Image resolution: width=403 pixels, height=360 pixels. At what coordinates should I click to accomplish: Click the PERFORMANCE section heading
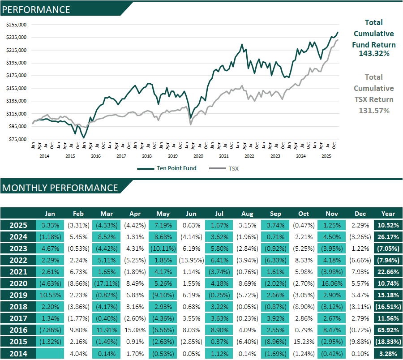pos(36,9)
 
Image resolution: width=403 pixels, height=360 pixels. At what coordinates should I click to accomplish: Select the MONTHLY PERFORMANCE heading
pos(60,188)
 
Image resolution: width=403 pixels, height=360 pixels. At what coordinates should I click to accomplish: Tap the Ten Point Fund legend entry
pos(167,168)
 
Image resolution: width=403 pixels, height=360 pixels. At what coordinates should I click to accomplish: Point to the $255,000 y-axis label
pos(17,25)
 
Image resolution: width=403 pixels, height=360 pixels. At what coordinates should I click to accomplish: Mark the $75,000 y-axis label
pos(17,139)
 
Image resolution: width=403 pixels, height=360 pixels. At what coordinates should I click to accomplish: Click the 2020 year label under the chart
pos(198,156)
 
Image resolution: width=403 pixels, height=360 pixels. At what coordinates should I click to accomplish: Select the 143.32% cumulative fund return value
pos(374,53)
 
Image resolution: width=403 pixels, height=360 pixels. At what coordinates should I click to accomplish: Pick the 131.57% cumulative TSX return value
pos(374,111)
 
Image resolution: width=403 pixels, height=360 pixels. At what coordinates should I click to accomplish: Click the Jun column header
pos(191,214)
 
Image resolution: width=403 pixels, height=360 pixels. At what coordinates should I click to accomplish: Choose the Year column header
pos(388,214)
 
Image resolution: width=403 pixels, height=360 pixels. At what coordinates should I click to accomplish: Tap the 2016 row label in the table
pos(18,330)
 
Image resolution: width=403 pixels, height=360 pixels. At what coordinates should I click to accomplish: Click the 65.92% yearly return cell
pos(388,330)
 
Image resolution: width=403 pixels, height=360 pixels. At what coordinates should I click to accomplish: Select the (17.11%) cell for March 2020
pos(106,283)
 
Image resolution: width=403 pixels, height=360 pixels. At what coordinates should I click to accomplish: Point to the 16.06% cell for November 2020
pos(331,283)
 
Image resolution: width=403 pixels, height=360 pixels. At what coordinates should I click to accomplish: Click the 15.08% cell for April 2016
pos(134,330)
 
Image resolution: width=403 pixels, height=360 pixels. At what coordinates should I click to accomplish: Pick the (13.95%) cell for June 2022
pos(191,260)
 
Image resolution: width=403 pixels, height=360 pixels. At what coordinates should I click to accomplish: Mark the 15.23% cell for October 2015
pos(303,342)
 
